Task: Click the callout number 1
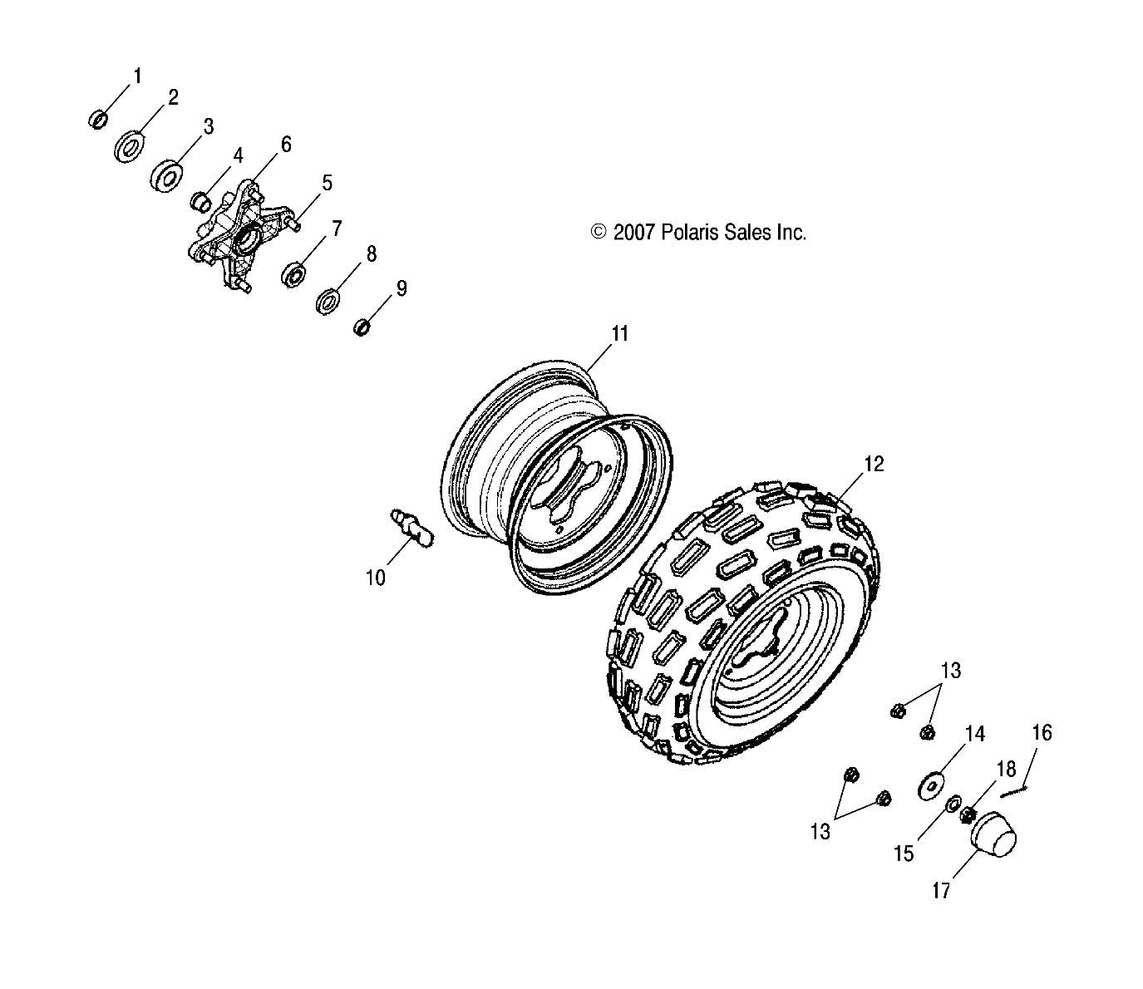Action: click(137, 76)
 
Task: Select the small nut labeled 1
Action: click(97, 121)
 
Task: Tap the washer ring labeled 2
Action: click(127, 147)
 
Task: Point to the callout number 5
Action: click(327, 183)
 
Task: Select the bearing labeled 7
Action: click(293, 273)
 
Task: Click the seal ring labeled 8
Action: click(328, 301)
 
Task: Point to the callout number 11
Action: click(620, 334)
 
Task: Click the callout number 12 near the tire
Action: click(874, 465)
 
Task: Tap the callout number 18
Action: click(1006, 768)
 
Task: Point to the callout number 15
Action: click(904, 854)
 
